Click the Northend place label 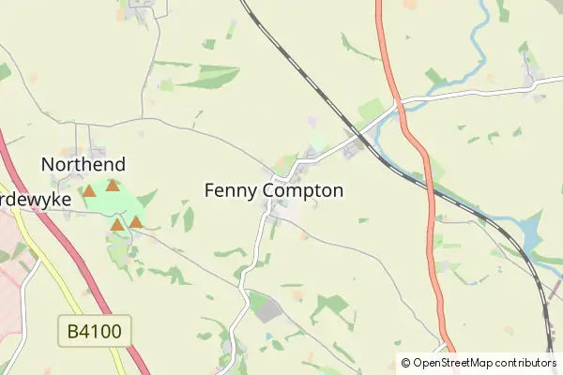[84, 165]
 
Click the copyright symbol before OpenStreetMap [406, 363]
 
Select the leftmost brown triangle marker [89, 191]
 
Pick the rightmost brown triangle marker [136, 222]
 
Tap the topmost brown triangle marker [113, 186]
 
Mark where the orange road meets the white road [399, 101]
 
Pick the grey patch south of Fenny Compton [267, 310]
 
